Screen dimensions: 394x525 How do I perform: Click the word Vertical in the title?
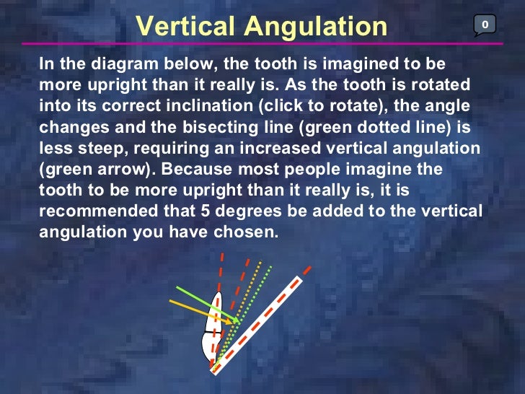185,26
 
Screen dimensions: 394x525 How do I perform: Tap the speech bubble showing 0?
485,25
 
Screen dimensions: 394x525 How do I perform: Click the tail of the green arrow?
177,289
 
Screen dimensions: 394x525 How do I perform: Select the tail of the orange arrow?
172,301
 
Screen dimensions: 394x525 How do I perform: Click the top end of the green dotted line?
270,266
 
